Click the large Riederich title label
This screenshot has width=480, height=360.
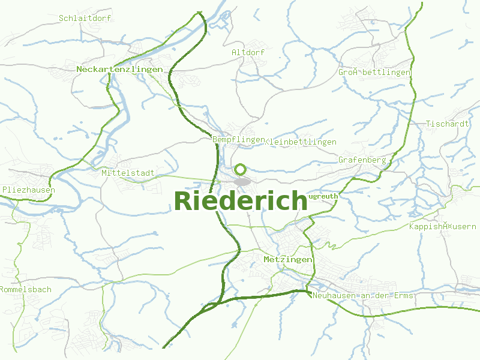pos(241,201)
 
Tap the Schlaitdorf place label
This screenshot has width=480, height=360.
pos(85,18)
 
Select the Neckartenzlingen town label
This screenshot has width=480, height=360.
pos(119,70)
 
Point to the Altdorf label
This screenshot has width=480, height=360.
pos(248,52)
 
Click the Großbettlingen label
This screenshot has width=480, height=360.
pos(374,72)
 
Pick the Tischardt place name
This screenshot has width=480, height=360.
pos(447,124)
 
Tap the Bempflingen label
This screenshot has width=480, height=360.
pos(238,139)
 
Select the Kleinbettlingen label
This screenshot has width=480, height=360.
pos(301,142)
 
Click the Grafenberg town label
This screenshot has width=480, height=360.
pos(362,160)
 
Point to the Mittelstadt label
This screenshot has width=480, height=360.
pos(128,173)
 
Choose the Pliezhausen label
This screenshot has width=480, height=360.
pos(29,190)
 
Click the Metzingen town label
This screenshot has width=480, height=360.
pos(288,259)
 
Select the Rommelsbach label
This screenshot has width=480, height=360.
pos(26,289)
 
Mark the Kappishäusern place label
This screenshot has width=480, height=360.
pos(442,226)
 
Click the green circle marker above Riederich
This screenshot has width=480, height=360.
pos(241,170)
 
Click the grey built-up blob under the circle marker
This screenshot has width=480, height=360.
pos(242,181)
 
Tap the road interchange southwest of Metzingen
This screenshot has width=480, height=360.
pos(211,307)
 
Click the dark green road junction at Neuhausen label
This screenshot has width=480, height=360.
pos(307,291)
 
